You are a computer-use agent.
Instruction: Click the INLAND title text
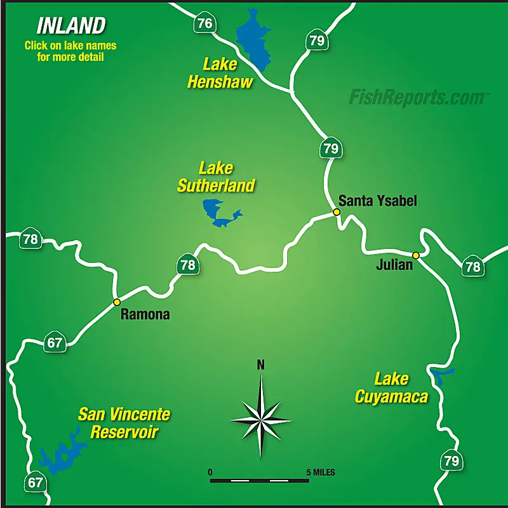tap(70, 25)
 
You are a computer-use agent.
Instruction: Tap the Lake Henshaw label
tap(220, 73)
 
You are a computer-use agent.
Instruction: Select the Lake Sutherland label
tap(216, 177)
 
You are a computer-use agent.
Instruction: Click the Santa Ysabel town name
tap(377, 201)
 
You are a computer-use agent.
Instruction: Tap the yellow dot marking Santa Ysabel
tap(337, 212)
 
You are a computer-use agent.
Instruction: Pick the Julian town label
tap(394, 265)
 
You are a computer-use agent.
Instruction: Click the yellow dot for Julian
tap(416, 255)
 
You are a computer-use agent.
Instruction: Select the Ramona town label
tap(145, 314)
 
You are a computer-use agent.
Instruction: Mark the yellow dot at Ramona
tap(117, 302)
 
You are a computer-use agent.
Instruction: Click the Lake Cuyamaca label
tap(391, 388)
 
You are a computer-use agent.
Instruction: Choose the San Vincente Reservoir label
tap(124, 424)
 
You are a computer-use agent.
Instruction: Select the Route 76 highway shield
tap(204, 23)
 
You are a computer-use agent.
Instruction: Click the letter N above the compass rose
tap(260, 365)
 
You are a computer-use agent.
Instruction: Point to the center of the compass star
tap(261, 420)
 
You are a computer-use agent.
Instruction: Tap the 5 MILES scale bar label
tap(321, 472)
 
